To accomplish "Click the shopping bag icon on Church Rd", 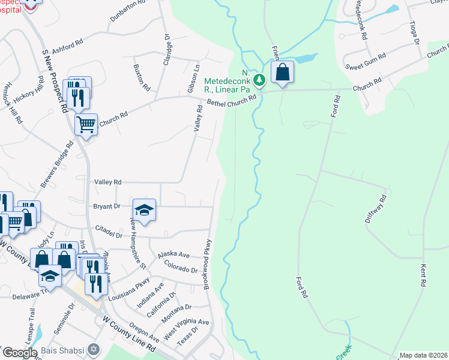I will point(282,73).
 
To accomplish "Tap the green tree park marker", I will point(259,79).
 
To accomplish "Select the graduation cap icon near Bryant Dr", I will point(144,210).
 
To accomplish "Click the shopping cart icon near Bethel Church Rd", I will point(86,125).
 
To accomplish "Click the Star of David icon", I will point(93,349).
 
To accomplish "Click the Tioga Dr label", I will point(415,35).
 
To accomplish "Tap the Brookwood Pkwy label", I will point(208,264).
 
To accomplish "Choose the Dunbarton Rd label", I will point(127,11).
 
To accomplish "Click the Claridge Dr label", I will point(167,47).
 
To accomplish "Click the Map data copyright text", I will point(424,355).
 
